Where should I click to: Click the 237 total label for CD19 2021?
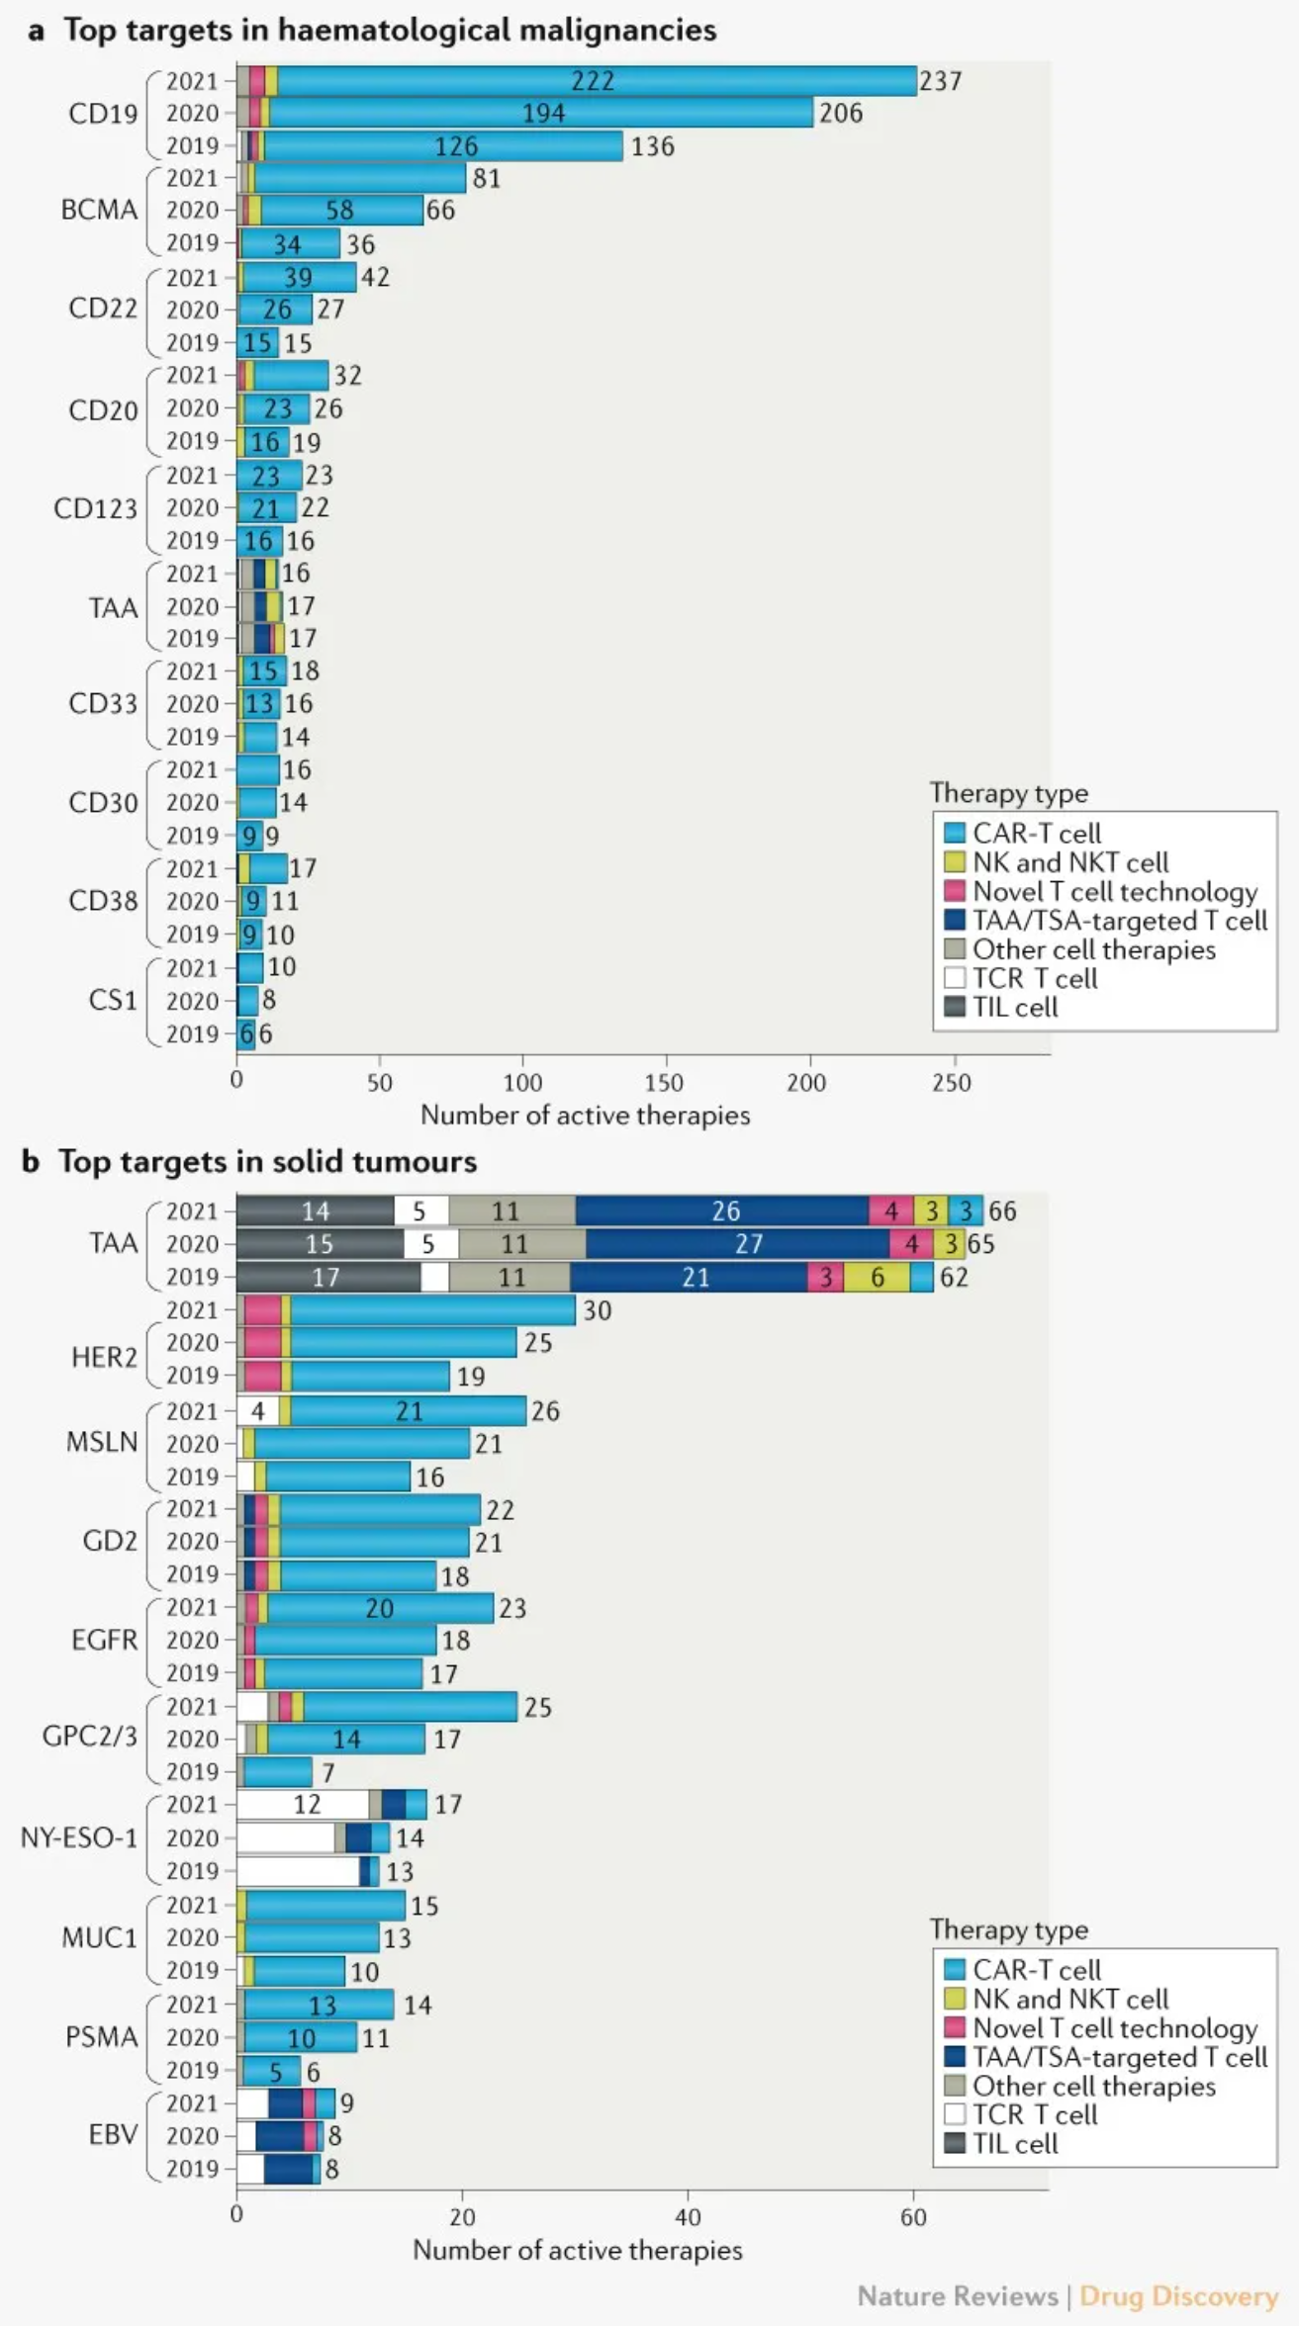940,81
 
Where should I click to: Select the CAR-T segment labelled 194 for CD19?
543,114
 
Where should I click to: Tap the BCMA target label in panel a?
99,210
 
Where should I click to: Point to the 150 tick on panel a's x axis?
664,1082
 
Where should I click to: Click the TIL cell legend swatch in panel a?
955,1008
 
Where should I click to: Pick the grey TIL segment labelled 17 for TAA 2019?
326,1278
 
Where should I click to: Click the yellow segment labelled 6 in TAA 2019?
877,1278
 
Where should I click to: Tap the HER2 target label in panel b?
104,1357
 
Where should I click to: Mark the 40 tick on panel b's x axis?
688,2217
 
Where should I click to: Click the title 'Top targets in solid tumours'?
267,1161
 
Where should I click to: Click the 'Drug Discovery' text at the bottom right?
1178,2295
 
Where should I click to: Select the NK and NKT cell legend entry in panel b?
1070,1999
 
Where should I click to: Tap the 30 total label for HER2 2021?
597,1311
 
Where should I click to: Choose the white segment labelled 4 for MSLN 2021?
257,1411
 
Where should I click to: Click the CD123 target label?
95,508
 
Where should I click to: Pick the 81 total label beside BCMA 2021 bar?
486,179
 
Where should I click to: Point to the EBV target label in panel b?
113,2134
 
